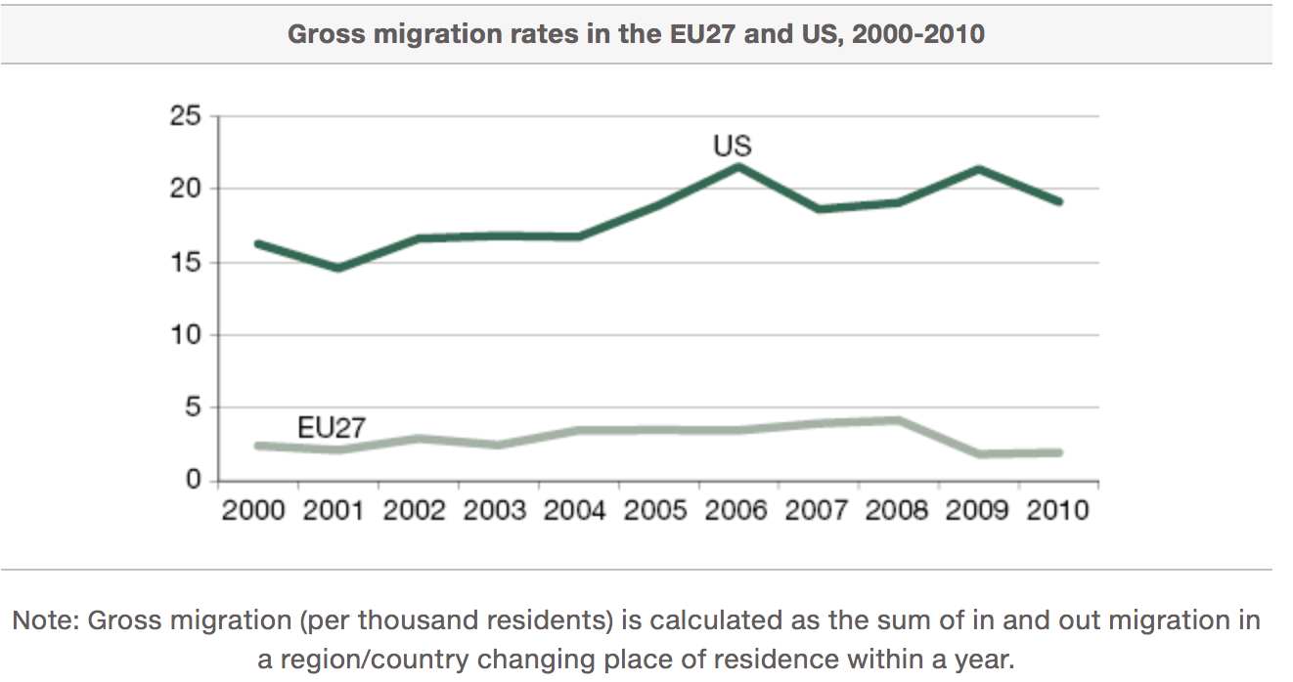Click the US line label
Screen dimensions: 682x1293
pos(733,147)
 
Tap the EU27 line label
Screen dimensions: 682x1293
pos(331,428)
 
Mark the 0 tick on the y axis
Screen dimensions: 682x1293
pos(193,481)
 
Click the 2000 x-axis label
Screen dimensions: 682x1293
pos(254,511)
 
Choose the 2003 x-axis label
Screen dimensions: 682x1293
pos(495,511)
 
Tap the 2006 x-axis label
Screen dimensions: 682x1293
pos(736,511)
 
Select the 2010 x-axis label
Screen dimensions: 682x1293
pos(1057,511)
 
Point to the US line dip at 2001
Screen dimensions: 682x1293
pos(337,268)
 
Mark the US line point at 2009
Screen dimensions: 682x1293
pos(979,169)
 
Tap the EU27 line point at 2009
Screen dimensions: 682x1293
pos(979,454)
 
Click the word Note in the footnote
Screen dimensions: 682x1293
pos(45,620)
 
